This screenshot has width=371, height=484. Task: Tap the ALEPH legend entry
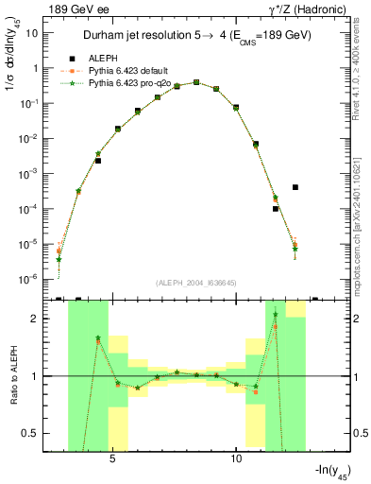103,59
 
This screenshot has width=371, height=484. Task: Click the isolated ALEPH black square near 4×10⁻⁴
295,187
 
